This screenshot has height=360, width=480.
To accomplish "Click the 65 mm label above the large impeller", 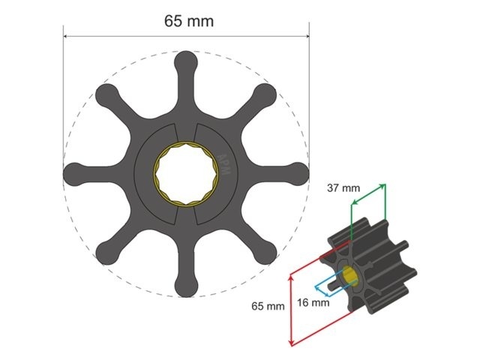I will (x=188, y=21).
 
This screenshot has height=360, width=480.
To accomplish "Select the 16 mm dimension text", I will (x=313, y=303).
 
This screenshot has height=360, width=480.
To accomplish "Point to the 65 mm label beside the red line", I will (x=267, y=306).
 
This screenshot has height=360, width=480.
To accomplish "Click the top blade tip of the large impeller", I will (x=186, y=61).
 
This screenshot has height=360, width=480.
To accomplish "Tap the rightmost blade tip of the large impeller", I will (x=298, y=172).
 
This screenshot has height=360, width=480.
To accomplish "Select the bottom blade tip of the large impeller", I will (x=186, y=286).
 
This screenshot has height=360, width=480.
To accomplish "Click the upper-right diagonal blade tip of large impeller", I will (x=265, y=94).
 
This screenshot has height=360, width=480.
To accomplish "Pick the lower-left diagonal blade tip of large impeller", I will (x=106, y=253).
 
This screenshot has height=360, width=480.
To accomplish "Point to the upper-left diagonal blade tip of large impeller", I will (x=106, y=94).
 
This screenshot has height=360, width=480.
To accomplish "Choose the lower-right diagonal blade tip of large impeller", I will (x=265, y=253).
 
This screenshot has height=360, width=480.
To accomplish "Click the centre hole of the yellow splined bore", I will (x=185, y=173).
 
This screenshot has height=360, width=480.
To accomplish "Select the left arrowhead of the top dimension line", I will (x=66, y=35).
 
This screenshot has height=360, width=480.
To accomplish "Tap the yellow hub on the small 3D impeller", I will (x=351, y=275).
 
